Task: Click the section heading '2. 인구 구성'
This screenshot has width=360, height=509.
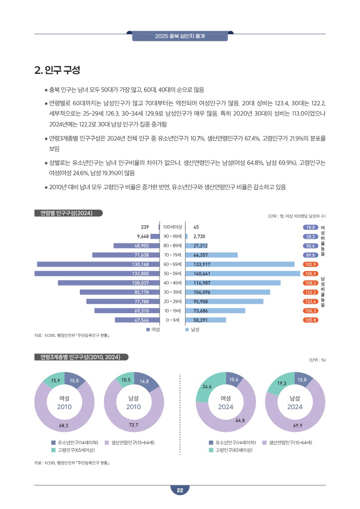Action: click(x=57, y=70)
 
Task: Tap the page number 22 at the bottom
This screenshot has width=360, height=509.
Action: click(x=180, y=490)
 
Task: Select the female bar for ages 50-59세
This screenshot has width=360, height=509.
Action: click(x=97, y=274)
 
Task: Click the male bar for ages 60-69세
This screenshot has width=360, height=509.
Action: click(x=240, y=264)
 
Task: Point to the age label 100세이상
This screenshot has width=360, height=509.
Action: click(x=172, y=227)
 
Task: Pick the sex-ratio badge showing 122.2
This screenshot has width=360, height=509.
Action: click(x=311, y=292)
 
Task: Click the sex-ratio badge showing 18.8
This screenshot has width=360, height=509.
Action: click(x=311, y=227)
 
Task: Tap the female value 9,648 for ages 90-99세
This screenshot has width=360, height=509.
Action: click(x=143, y=236)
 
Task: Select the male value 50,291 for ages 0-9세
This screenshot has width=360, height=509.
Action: click(x=200, y=320)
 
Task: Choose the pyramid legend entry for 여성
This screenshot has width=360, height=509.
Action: click(x=153, y=330)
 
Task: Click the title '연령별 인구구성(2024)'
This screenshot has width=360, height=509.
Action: click(x=68, y=213)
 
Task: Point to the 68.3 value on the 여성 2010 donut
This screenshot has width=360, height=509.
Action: click(x=63, y=426)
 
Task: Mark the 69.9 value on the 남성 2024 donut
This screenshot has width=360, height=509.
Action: click(x=298, y=426)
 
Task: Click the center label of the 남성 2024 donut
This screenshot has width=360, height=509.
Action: click(x=295, y=402)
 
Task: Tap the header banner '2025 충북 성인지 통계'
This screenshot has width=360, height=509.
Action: click(x=180, y=36)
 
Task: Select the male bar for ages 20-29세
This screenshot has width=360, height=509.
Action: click(x=224, y=301)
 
